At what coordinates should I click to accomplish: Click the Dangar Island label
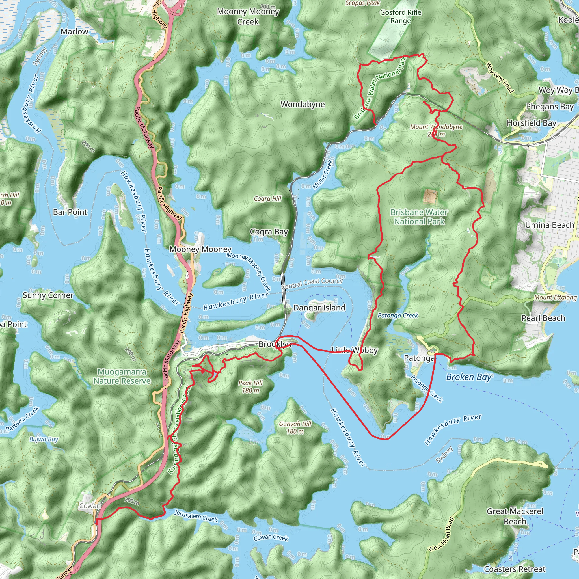coord(319,308)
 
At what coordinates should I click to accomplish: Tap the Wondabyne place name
coord(303,104)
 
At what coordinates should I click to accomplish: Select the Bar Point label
coord(70,212)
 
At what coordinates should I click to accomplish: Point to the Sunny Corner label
coord(48,295)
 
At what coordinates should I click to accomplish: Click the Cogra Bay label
coord(269,232)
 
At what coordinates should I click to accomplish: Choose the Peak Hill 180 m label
coord(250,386)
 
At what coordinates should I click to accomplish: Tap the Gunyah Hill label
coord(295,424)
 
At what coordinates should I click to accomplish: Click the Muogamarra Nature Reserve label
coord(122,376)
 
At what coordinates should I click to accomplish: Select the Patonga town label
coord(419,358)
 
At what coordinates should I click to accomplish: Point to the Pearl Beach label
coord(543,318)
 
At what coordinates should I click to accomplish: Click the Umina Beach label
coord(549,225)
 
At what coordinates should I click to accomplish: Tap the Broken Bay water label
coord(469,377)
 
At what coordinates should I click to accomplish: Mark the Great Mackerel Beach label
coord(515,516)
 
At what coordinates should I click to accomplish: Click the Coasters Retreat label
coord(515,569)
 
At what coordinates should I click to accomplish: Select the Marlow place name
coord(74,31)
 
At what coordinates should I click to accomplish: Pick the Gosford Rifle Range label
coord(401,16)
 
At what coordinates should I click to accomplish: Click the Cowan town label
coord(90,506)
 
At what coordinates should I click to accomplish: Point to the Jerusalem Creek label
coord(196,516)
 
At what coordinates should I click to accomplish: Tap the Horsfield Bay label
coord(531,123)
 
